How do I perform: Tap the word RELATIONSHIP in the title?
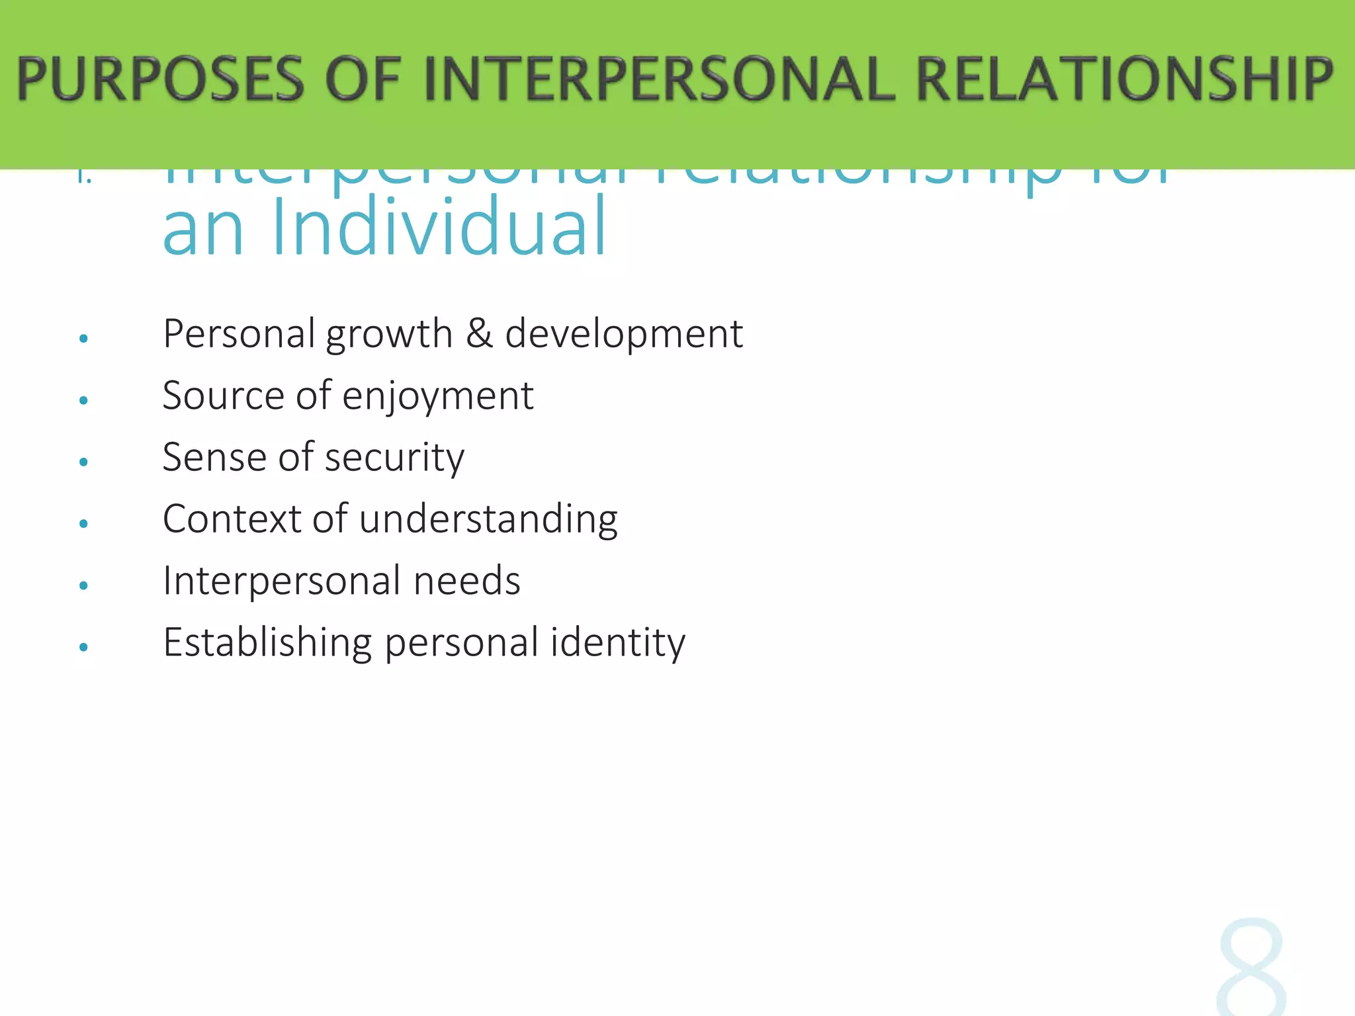1124,79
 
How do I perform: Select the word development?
624,334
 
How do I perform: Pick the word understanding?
488,519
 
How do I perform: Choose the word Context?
232,519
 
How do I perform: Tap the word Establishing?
267,643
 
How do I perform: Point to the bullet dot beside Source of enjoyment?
83,400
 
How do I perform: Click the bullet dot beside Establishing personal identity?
83,647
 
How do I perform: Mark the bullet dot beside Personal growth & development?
83,339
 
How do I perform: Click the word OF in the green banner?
363,79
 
